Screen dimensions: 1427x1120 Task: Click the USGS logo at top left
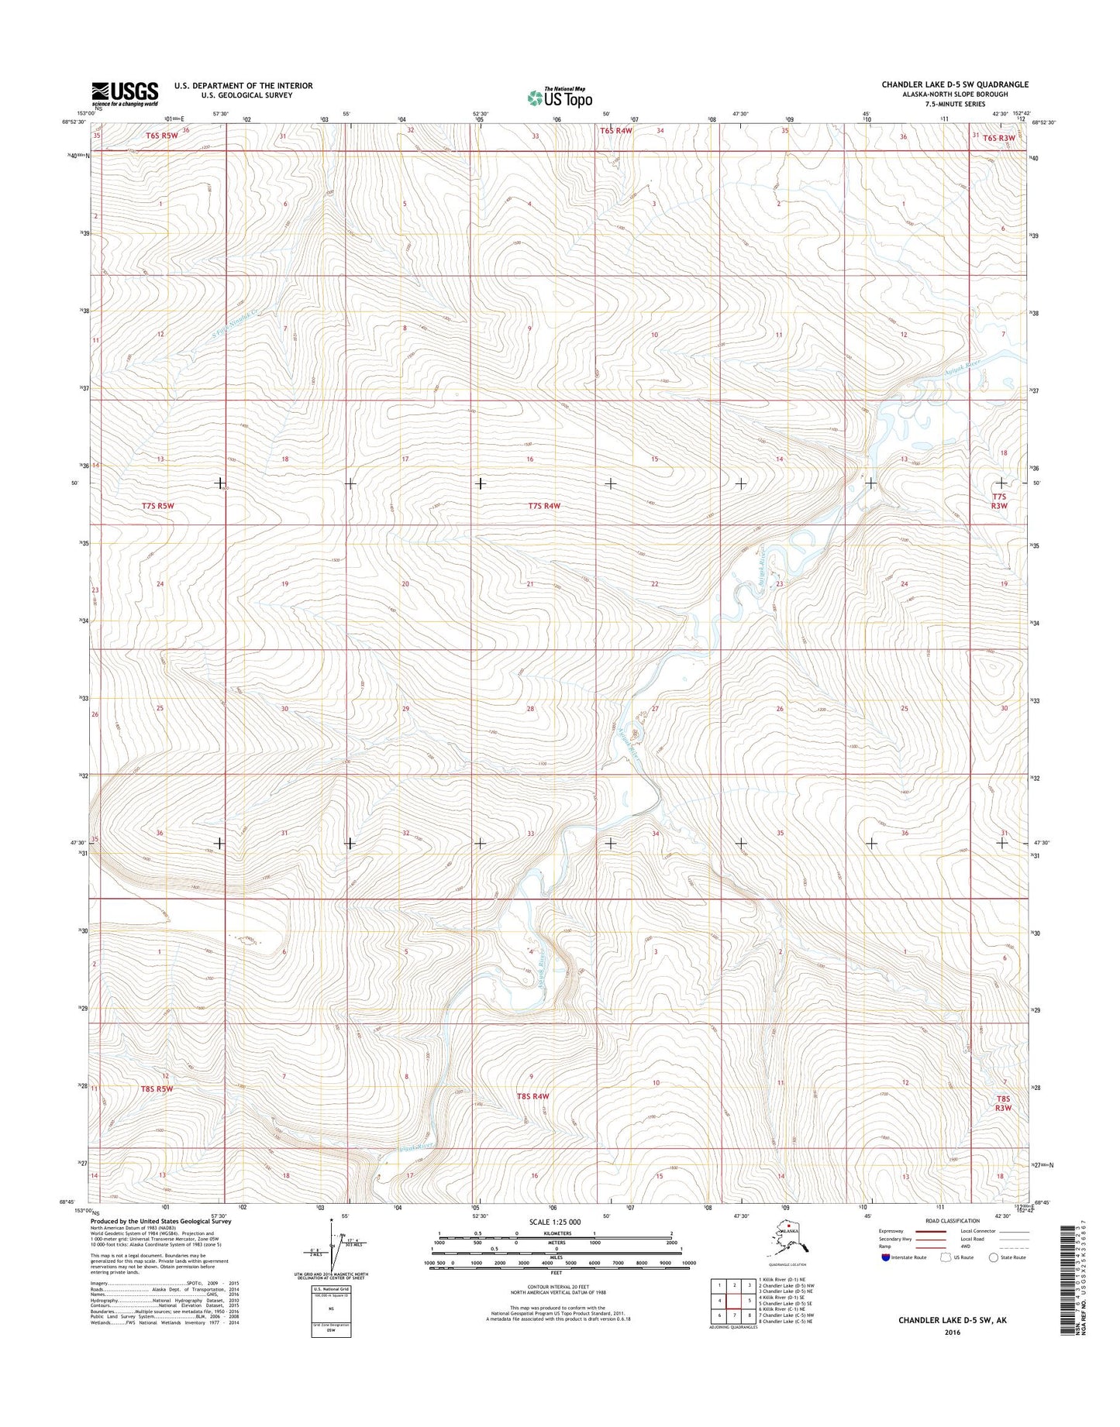(125, 94)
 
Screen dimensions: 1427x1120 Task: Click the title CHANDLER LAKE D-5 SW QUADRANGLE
(953, 84)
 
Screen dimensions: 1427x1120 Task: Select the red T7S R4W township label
(544, 506)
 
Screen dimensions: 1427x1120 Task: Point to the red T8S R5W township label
(157, 1088)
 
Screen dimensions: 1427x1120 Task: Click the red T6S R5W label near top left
(162, 136)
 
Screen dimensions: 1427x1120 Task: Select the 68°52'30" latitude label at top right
(1043, 122)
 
